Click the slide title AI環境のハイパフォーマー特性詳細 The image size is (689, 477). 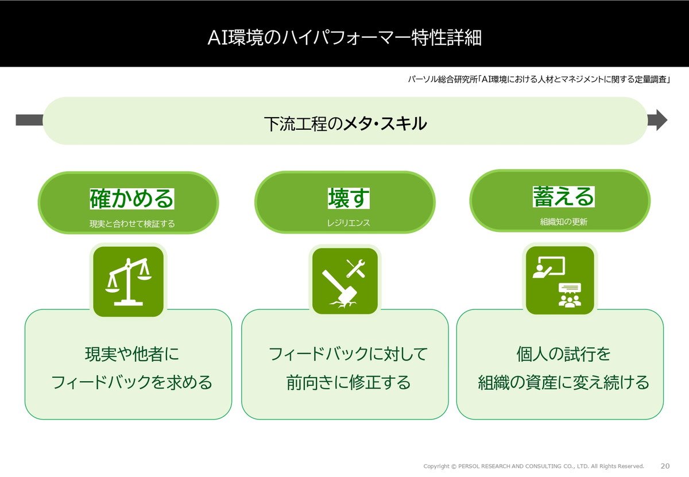[344, 38]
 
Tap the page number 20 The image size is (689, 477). [665, 466]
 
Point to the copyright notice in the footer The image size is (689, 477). [533, 466]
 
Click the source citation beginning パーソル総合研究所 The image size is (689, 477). [539, 79]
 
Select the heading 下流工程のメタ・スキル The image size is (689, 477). [346, 123]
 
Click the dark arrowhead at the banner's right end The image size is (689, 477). [657, 120]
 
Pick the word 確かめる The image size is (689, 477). [131, 199]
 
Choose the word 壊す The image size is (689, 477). [349, 198]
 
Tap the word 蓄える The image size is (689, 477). [563, 196]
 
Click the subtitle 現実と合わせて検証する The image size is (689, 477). [132, 224]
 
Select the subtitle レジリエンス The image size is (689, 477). [348, 223]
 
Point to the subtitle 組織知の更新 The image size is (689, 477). [563, 222]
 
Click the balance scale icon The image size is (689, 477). [129, 282]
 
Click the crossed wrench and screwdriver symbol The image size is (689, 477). [356, 268]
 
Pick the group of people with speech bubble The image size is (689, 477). [570, 295]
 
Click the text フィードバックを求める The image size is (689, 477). [131, 382]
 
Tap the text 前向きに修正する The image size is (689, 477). [349, 382]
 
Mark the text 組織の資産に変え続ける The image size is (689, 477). [563, 382]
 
